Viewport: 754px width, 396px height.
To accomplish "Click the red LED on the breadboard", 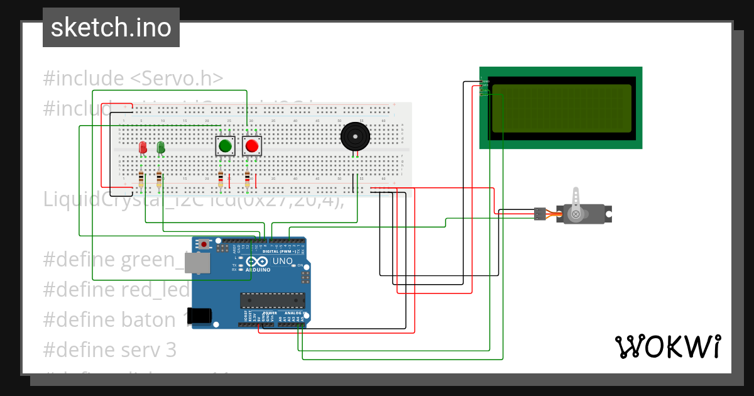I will [x=143, y=147].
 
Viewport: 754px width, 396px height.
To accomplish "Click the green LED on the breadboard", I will [x=161, y=147].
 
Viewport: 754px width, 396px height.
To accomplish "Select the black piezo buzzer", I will [x=355, y=136].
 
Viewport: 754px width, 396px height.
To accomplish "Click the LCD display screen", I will [x=561, y=108].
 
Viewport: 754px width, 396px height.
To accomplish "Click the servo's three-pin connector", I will [x=540, y=214].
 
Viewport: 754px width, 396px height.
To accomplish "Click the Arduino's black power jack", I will [x=200, y=314].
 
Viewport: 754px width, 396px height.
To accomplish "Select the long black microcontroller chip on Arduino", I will [x=273, y=301].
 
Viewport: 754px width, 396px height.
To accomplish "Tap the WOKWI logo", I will [x=667, y=346].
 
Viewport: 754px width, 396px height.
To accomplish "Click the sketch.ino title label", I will [x=111, y=28].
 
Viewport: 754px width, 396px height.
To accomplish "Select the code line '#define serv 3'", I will [x=110, y=349].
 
